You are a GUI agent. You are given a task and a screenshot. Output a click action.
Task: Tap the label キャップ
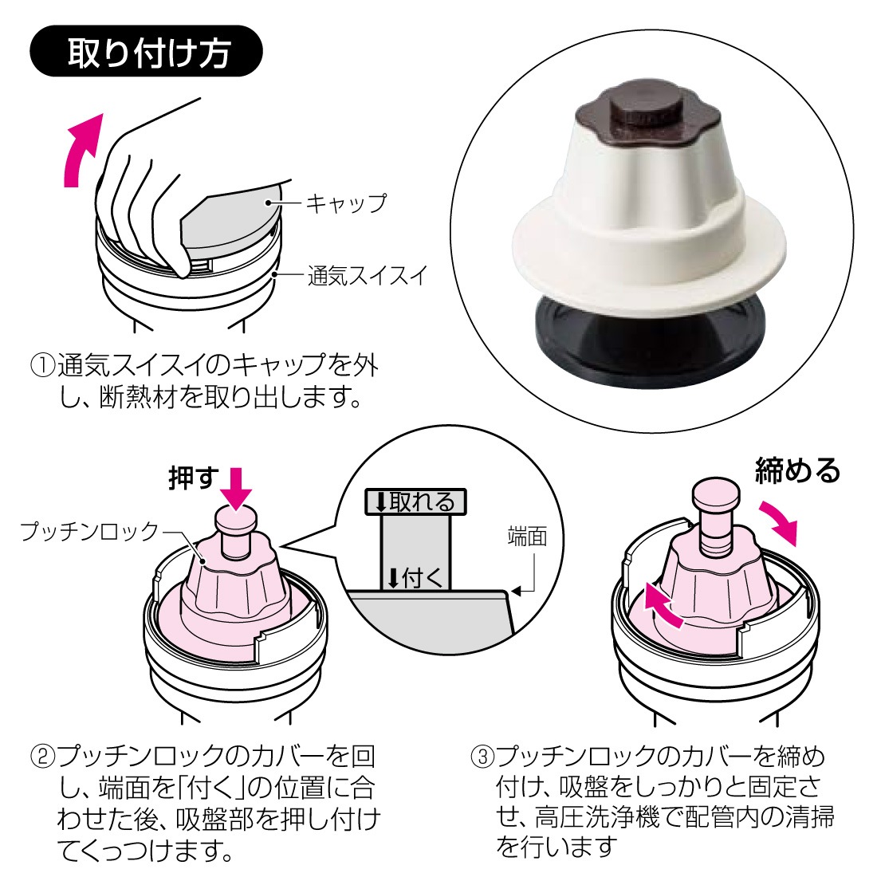346,203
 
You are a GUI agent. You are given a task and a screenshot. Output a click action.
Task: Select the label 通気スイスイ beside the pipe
368,275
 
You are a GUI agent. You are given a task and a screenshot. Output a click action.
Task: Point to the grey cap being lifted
230,221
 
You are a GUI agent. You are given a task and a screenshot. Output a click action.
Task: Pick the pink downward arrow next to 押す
236,488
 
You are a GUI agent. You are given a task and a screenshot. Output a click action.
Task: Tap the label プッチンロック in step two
89,531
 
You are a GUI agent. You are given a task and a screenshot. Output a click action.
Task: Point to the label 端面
527,537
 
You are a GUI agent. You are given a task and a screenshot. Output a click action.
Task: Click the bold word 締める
797,470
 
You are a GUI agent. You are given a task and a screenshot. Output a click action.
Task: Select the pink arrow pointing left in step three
661,604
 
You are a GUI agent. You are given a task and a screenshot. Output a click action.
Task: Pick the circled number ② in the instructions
42,756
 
